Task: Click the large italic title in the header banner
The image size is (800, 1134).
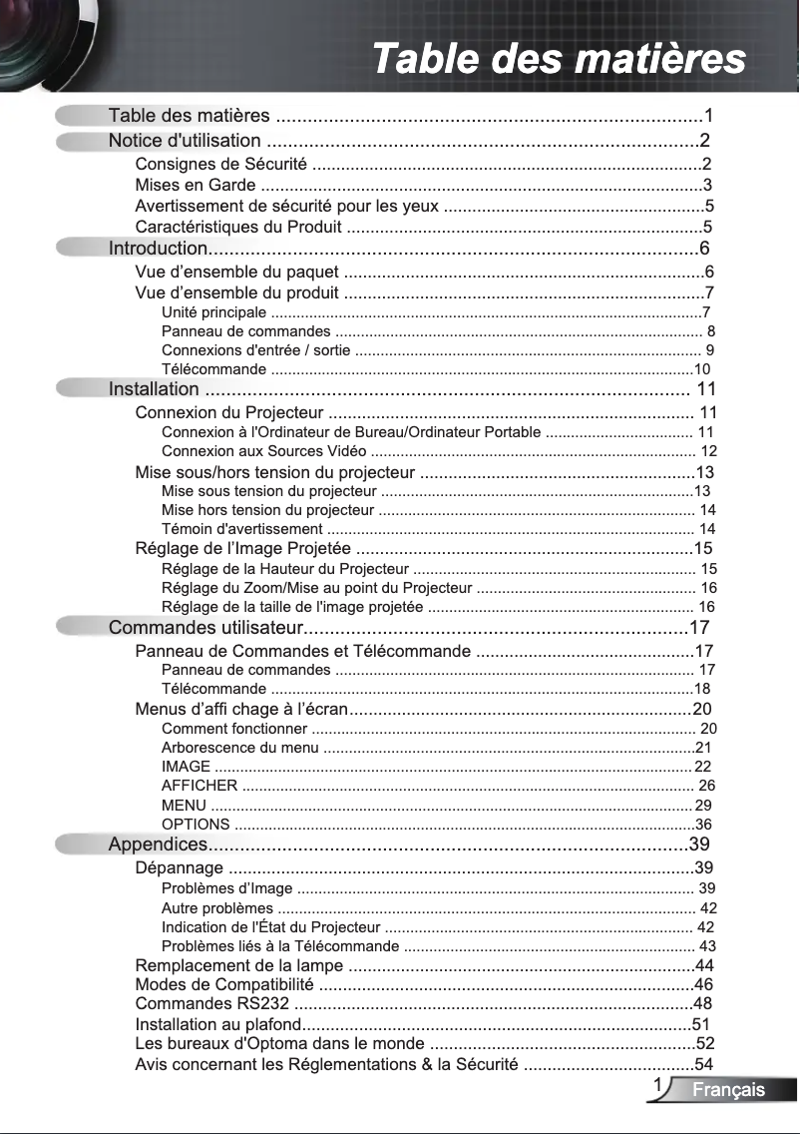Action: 559,58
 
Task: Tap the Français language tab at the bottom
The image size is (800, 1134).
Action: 728,1089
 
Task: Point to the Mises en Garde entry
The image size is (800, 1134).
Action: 194,185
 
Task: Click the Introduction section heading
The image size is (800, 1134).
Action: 157,248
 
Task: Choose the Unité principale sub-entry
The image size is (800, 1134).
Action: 213,312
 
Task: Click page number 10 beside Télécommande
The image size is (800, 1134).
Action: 701,369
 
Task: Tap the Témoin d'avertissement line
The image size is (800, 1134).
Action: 241,528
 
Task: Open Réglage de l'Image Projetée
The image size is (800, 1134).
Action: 242,548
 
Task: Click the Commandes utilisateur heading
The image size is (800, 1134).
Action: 204,628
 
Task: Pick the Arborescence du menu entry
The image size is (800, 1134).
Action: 239,747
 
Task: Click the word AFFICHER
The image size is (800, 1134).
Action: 199,786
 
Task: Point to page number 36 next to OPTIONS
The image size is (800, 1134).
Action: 703,825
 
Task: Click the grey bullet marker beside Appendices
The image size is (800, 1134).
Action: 80,846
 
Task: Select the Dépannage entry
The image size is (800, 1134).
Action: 179,867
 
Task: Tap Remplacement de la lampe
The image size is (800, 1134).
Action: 239,965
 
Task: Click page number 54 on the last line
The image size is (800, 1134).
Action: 704,1063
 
